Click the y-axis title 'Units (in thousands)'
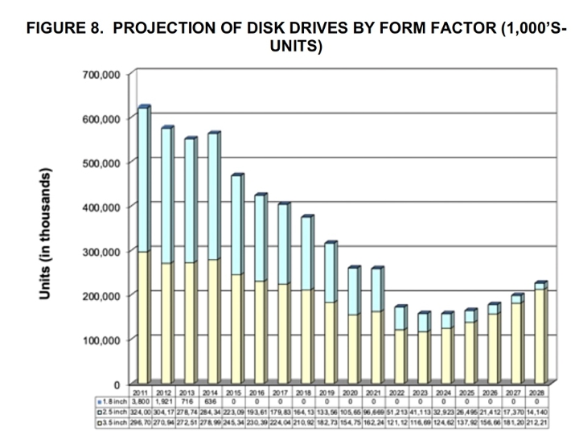point(47,234)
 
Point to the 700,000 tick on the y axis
point(101,75)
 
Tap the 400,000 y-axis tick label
point(101,208)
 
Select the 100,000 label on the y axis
point(101,339)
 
